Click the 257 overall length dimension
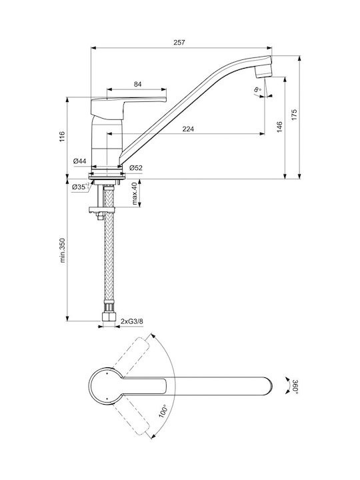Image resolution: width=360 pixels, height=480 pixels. [x=179, y=43]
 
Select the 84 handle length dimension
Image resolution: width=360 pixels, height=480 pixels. [x=138, y=84]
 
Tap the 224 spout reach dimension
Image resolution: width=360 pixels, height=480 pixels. [x=188, y=129]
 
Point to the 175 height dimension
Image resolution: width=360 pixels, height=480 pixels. [x=294, y=114]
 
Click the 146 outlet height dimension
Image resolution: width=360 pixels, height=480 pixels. [x=279, y=127]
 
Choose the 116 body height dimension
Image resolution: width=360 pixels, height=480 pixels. [x=62, y=136]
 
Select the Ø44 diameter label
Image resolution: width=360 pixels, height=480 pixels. [x=80, y=161]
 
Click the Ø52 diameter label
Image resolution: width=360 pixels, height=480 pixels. [x=135, y=168]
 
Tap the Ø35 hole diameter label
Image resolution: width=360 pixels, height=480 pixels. [x=81, y=187]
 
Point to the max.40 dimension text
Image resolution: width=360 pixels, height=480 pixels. [x=135, y=193]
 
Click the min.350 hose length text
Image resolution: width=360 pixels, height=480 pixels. [x=63, y=250]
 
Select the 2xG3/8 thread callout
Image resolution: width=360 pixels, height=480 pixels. [x=132, y=321]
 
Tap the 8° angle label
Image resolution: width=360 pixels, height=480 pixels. [x=257, y=90]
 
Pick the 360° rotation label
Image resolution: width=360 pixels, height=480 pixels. [x=295, y=386]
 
